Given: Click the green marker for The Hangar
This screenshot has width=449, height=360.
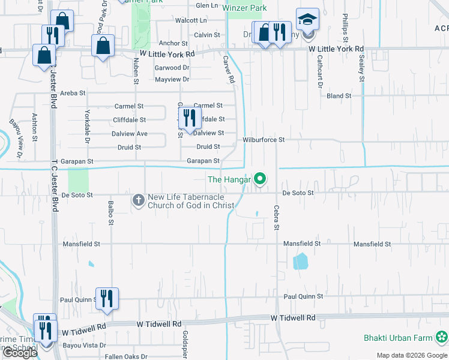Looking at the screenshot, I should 260,179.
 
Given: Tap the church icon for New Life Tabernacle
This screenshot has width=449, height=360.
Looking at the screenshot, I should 138,199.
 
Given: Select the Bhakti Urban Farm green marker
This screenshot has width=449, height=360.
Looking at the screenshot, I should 442,338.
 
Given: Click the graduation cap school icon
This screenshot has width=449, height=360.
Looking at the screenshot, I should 307,20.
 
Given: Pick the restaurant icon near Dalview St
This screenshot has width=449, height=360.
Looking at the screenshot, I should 190,118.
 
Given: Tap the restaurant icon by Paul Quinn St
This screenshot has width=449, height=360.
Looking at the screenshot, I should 107,298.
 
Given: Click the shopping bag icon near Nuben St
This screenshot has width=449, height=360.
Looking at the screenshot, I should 103,46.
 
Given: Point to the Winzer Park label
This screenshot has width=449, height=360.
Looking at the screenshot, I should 244,8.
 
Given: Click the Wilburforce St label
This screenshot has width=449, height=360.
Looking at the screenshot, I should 263,140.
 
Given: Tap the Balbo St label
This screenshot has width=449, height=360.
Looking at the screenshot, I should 110,213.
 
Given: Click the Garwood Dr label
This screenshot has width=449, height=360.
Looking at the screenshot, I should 172,68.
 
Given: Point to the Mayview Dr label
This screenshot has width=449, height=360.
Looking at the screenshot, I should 172,80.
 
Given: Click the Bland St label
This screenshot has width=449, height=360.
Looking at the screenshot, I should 339,96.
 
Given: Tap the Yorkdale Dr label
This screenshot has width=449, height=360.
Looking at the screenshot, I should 87,121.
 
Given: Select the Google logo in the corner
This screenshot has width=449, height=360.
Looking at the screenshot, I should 20,353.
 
